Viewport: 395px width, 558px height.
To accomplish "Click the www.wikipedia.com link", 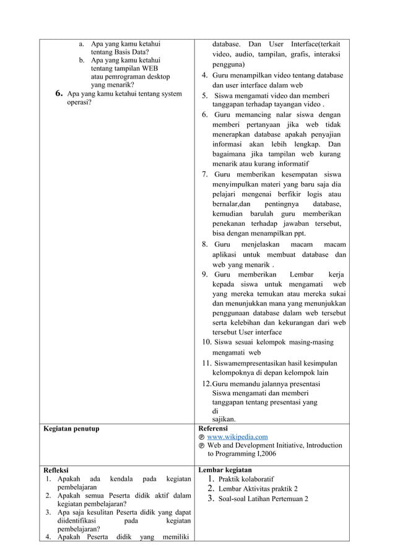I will (x=237, y=437).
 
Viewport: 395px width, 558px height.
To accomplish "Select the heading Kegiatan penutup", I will (x=70, y=428).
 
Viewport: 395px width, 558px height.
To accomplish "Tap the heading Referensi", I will (x=212, y=428).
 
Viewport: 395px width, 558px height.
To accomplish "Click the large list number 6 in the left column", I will (x=59, y=94).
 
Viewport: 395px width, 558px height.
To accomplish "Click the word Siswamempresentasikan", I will (x=251, y=363).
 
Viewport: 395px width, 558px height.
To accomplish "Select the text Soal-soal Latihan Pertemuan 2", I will (x=264, y=499).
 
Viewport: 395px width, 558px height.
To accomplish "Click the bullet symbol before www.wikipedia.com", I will (x=201, y=437).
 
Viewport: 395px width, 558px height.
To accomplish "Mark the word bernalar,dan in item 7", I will (x=231, y=204).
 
